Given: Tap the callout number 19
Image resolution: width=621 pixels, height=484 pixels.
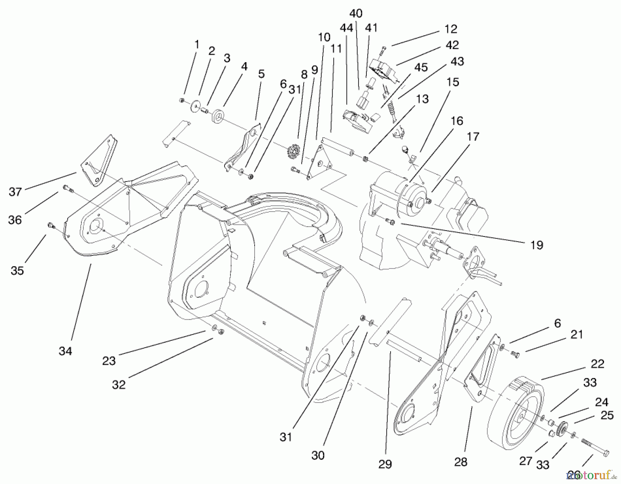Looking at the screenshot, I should pyautogui.click(x=536, y=245).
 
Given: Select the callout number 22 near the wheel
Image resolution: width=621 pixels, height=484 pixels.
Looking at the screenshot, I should pyautogui.click(x=597, y=364).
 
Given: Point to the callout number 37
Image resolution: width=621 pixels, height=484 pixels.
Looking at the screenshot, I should pyautogui.click(x=15, y=192).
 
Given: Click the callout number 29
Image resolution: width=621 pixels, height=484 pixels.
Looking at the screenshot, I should pyautogui.click(x=385, y=464).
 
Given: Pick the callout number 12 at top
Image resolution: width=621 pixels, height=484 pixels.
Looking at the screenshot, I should pyautogui.click(x=451, y=29).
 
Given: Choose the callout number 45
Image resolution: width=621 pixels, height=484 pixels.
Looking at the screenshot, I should pyautogui.click(x=421, y=67).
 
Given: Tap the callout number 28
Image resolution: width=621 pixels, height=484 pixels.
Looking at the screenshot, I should pyautogui.click(x=461, y=462).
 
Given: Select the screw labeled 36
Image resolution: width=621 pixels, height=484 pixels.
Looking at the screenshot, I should pyautogui.click(x=67, y=188).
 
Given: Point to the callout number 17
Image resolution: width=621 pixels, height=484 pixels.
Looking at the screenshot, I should pyautogui.click(x=473, y=137).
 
